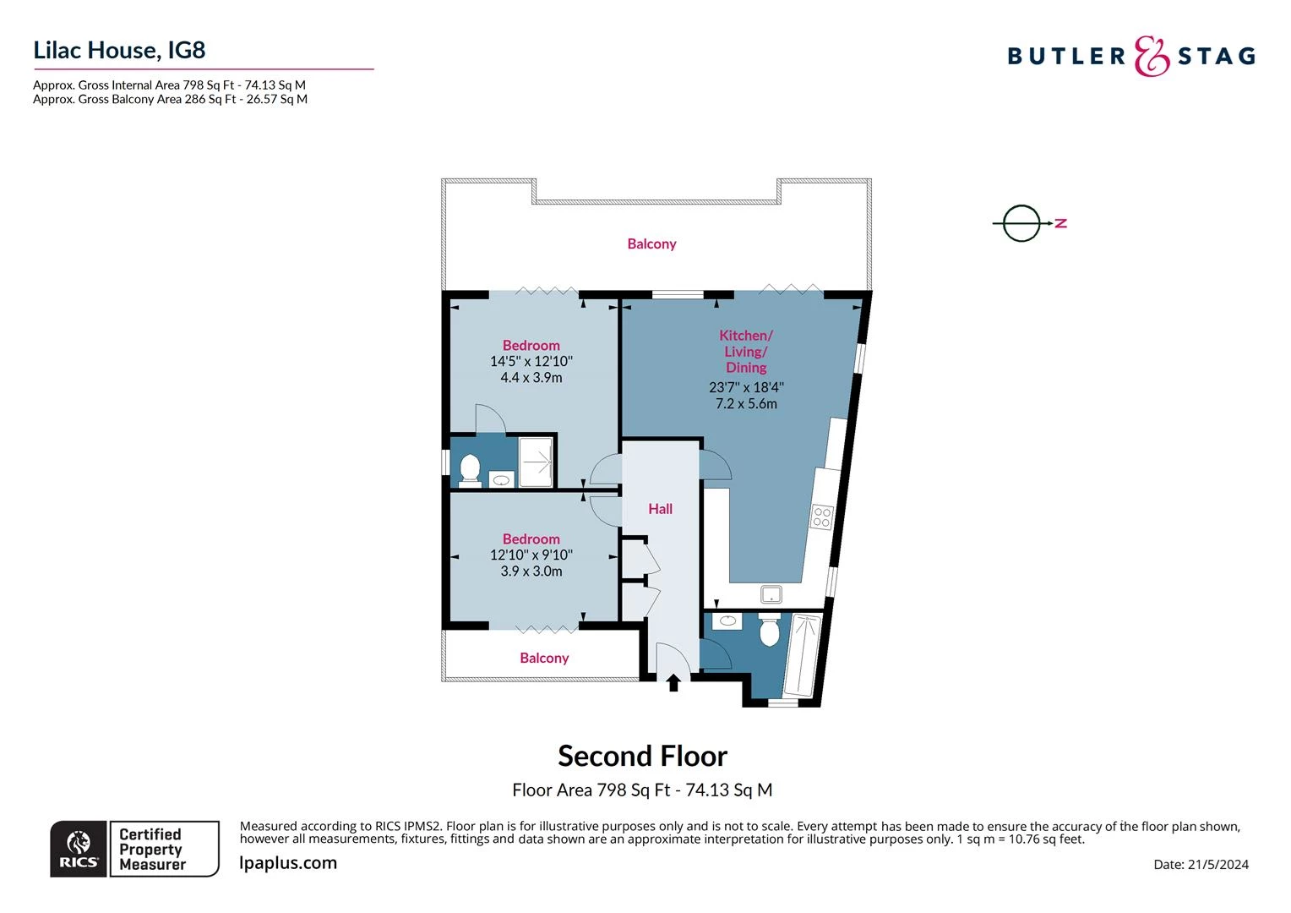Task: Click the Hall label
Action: coord(660,508)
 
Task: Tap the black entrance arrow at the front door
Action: coord(673,682)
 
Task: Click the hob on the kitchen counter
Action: coord(821,517)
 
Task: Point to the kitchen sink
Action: coord(771,593)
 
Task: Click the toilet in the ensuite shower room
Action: coord(470,468)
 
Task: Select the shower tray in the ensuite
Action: coord(536,462)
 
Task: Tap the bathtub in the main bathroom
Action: coord(802,654)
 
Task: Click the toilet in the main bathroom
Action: coord(769,631)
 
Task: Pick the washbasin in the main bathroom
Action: coord(727,621)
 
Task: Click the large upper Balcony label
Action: coord(651,243)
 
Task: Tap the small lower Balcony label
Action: coord(544,658)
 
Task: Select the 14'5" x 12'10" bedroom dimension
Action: coord(531,361)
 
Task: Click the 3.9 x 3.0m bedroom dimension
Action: coord(531,571)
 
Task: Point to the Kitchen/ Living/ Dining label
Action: coord(746,351)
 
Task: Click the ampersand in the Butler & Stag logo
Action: coord(1152,57)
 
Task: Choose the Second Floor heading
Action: coord(642,755)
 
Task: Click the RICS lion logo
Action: coord(79,848)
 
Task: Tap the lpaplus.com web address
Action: coord(288,862)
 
